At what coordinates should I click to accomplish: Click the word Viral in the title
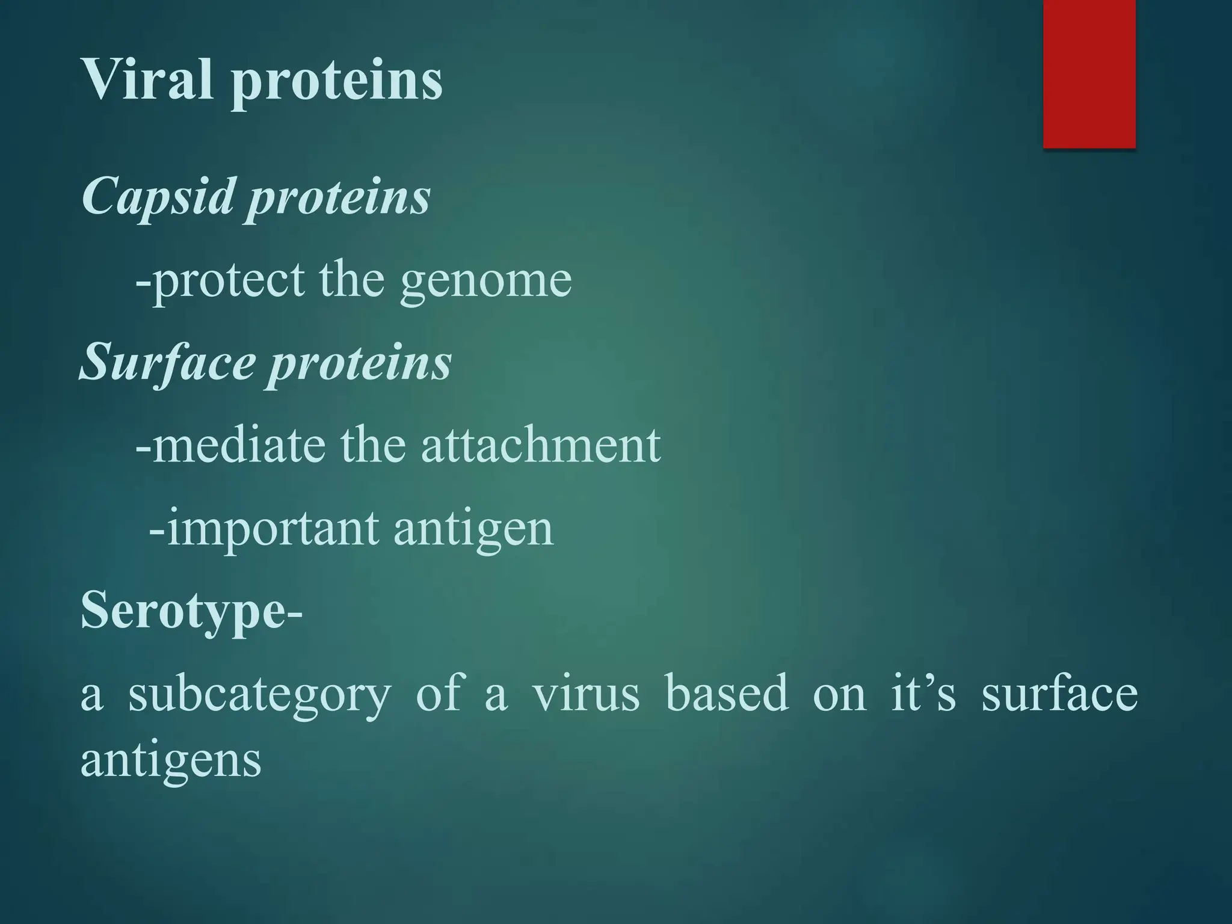tap(147, 79)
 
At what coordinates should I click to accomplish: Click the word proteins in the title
tap(337, 82)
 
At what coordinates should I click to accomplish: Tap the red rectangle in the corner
tap(1089, 73)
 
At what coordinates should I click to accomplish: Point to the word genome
tap(485, 281)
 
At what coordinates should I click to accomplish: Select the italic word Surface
tap(168, 363)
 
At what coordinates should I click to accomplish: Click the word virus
tap(586, 694)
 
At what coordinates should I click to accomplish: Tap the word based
tap(727, 693)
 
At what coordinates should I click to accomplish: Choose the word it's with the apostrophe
tap(923, 693)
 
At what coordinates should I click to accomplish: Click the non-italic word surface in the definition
tap(1059, 693)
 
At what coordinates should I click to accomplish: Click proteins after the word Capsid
tap(339, 199)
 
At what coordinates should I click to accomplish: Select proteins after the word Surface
tap(359, 365)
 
